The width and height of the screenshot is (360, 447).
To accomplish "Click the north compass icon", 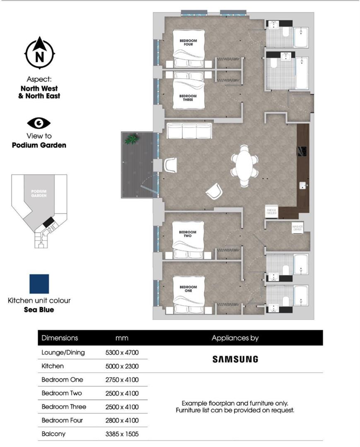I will [x=40, y=53].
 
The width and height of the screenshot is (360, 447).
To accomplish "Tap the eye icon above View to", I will [x=39, y=123].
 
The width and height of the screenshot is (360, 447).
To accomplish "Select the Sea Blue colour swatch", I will [x=39, y=284].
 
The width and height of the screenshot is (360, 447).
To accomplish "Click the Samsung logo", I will [x=235, y=359].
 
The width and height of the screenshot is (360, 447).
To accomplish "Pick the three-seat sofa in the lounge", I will [x=189, y=131].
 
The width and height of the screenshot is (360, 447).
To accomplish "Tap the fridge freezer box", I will [x=272, y=212].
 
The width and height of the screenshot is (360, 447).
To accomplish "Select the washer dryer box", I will [x=298, y=228].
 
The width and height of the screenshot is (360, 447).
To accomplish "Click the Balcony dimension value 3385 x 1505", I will [x=122, y=434].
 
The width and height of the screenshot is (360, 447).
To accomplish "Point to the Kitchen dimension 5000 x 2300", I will [x=122, y=366].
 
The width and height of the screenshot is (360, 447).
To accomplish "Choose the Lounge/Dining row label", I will [x=63, y=353].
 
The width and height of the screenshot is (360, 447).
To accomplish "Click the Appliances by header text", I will [x=235, y=338].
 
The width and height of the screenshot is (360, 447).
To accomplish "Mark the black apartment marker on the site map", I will [x=48, y=222].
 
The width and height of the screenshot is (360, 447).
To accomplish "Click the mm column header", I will [x=122, y=338].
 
